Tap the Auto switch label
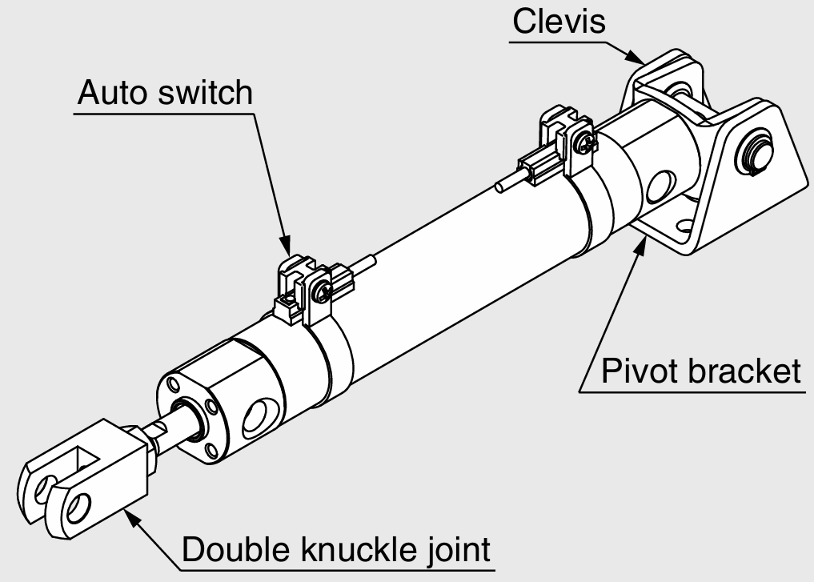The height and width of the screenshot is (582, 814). [x=164, y=94]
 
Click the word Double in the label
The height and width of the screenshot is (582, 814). [x=232, y=551]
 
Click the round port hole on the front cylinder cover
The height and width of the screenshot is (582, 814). [x=259, y=416]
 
